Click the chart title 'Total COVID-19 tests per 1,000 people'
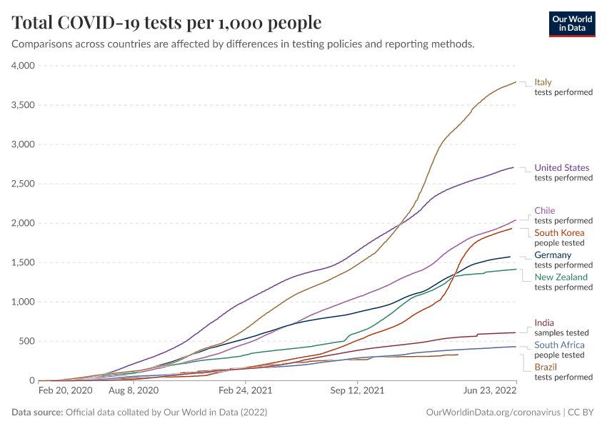166,23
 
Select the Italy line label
543,82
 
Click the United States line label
562,168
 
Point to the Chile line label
545,211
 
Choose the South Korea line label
559,233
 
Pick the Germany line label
553,255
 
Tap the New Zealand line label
561,277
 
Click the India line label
544,323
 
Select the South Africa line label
559,345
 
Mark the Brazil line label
546,368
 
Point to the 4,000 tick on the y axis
24,66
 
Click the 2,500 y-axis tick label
24,184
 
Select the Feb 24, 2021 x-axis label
245,391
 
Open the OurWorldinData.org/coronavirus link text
493,413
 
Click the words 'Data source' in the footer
36,413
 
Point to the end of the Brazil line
458,355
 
